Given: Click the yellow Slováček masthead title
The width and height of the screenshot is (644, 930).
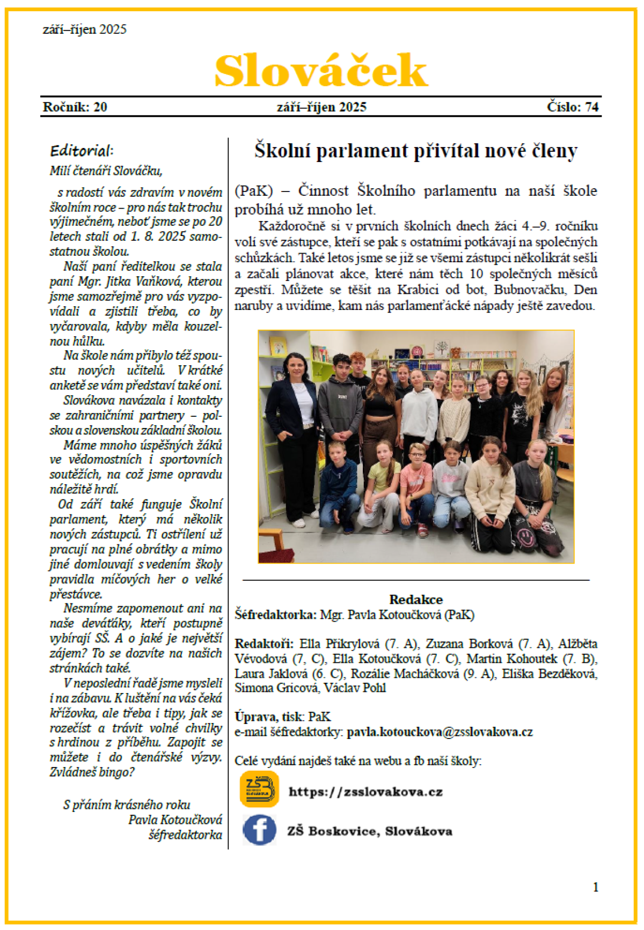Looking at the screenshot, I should [321, 70].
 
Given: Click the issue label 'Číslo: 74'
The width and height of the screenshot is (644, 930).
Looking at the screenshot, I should [573, 107].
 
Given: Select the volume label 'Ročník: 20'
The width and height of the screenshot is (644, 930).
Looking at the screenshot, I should [75, 107].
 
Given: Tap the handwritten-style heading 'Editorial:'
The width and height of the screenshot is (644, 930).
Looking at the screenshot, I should [82, 150].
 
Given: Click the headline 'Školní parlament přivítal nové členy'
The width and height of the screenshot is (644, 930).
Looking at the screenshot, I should [415, 151].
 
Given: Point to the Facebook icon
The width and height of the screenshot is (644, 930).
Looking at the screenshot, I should [259, 830].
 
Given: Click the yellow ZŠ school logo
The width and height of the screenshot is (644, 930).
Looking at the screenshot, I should [259, 789].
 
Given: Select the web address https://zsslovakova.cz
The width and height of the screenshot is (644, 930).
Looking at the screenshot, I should [365, 792].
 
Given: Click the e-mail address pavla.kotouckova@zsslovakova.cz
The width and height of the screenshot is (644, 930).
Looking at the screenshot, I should [440, 732].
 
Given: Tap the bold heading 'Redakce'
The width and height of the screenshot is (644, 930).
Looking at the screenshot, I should [416, 599].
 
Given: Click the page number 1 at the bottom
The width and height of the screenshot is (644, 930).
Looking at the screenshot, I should [595, 888].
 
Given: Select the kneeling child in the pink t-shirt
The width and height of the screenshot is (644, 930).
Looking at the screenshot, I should [416, 483].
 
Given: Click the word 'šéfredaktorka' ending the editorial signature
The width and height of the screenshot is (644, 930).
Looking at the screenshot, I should [185, 835].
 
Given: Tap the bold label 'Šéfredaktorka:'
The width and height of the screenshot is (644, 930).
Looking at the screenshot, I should [276, 615].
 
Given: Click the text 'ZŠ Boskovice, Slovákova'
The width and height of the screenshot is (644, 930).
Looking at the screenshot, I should [370, 831].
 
